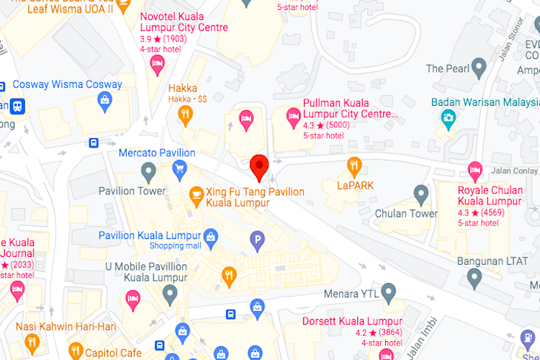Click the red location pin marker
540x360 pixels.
pos(259,167)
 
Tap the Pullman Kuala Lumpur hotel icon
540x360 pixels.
pos(293,115)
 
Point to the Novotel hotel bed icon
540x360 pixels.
pos(156,66)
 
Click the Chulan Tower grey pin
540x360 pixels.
pos(422,193)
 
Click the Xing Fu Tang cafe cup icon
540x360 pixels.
pos(196,194)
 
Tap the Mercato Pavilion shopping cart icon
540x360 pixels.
pos(179,169)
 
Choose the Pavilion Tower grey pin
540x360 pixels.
pos(148,171)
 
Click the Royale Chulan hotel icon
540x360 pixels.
pos(474,171)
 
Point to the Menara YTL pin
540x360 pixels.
pos(389,292)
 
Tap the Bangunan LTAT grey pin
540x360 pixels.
pos(474,277)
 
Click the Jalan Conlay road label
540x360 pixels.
pos(515,171)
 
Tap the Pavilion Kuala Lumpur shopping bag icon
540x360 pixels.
pos(211,235)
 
